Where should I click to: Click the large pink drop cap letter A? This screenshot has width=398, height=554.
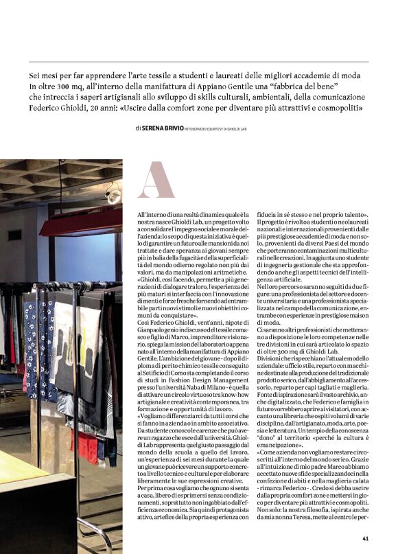point(156,180)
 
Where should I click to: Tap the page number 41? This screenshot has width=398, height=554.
point(366,538)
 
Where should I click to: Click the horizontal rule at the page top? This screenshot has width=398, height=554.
point(198,62)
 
